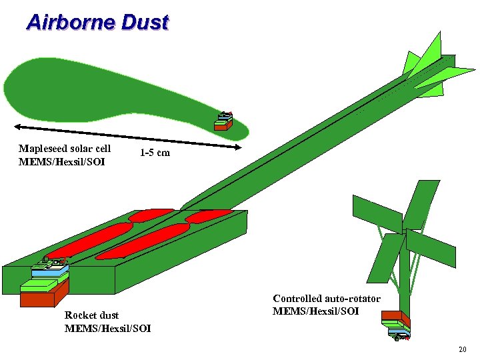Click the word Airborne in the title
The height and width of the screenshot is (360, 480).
coord(69,23)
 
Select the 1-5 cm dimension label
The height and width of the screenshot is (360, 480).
coord(155,153)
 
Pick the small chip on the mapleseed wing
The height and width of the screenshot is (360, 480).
coord(225,121)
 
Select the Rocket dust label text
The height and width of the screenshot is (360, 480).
coord(91,315)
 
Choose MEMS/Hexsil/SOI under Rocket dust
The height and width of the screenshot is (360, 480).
coord(107,328)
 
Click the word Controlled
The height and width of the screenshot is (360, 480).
coord(299,299)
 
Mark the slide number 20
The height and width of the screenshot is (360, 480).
coord(463,350)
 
